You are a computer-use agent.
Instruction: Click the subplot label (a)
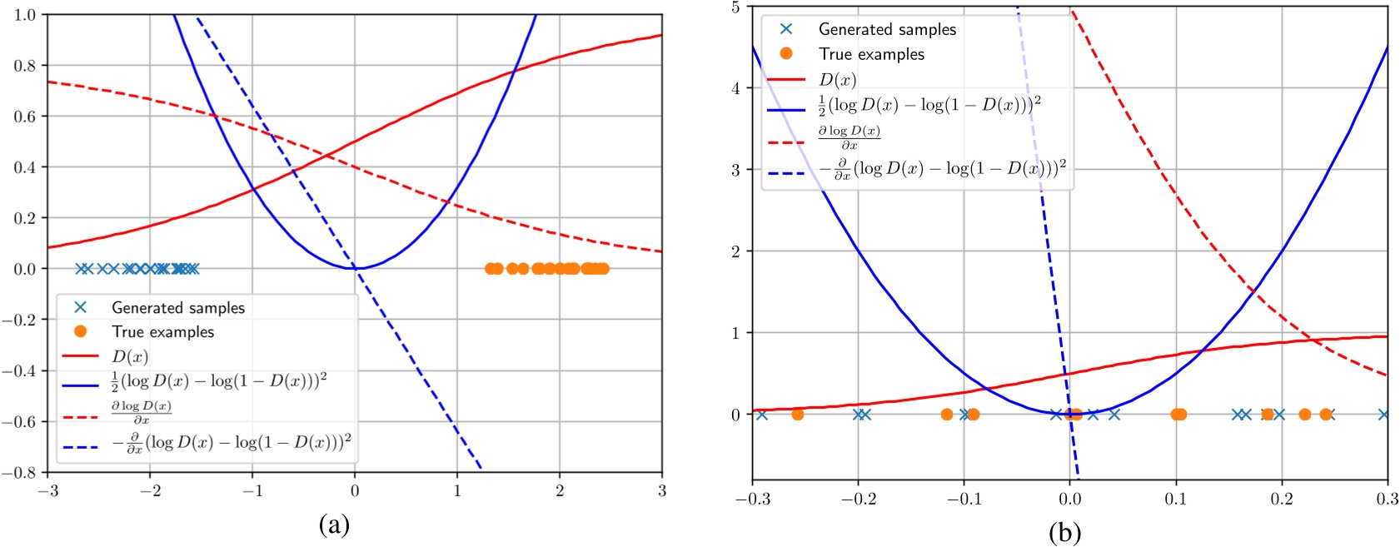point(334,525)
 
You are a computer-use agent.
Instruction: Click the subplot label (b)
point(1064,532)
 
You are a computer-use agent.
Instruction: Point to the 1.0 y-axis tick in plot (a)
point(25,15)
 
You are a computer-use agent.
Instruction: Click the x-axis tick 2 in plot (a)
point(560,491)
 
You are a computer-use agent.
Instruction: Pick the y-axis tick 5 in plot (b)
point(735,7)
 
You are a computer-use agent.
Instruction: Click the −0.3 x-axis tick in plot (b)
point(752,499)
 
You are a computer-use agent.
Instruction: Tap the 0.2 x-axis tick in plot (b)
point(1282,499)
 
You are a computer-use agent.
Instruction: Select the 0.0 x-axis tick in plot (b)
point(1070,499)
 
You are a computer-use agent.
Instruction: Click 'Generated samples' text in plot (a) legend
point(178,308)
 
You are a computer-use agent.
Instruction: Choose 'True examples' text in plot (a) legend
point(163,332)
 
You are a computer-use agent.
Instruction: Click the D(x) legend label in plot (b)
point(837,80)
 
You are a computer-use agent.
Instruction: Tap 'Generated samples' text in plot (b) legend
point(887,30)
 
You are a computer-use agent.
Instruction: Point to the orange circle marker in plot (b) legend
point(786,53)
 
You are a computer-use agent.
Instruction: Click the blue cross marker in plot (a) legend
point(80,307)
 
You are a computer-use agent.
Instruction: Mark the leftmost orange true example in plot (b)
point(798,415)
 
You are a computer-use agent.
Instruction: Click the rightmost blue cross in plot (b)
point(1383,415)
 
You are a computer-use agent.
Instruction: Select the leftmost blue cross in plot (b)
point(761,415)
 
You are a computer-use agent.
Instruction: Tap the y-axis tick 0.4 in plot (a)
point(25,167)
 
